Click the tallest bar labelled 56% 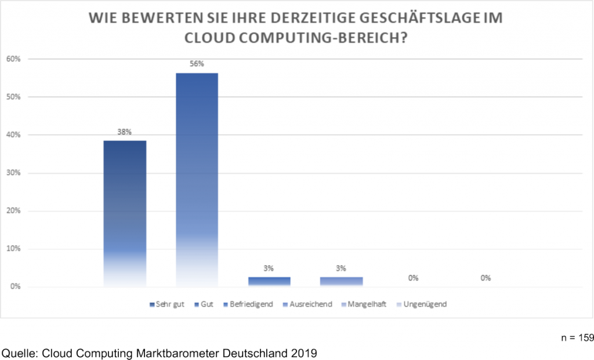pyautogui.click(x=197, y=180)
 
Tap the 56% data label pyautogui.click(x=197, y=64)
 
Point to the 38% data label pyautogui.click(x=125, y=132)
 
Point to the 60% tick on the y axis pyautogui.click(x=13, y=59)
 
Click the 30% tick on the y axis pyautogui.click(x=13, y=173)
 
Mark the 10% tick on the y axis pyautogui.click(x=13, y=249)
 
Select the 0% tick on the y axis pyautogui.click(x=15, y=287)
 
